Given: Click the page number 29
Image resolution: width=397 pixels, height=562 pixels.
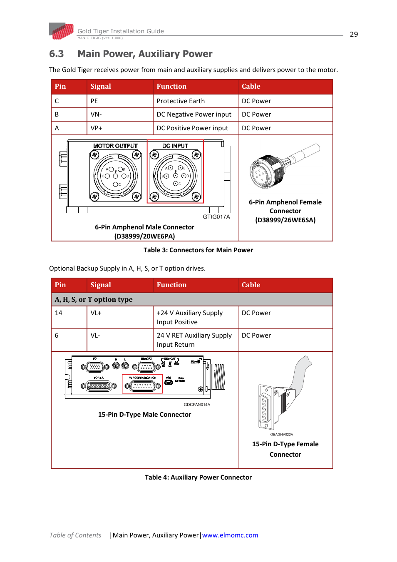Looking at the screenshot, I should (x=354, y=34).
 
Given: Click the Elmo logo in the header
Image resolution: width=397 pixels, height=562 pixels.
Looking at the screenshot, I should (x=61, y=31).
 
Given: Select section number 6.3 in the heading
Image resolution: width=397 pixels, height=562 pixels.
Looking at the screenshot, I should (x=57, y=54).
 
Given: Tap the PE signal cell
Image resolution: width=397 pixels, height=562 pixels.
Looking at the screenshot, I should (x=94, y=101).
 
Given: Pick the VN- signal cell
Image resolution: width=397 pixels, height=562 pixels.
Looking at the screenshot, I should (x=96, y=114).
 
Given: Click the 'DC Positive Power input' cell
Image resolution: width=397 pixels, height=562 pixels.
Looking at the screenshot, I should (x=192, y=128).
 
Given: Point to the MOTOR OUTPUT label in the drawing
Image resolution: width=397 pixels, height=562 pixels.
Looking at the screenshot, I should (x=115, y=146).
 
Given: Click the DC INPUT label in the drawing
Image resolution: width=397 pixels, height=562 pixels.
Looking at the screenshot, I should (x=175, y=146).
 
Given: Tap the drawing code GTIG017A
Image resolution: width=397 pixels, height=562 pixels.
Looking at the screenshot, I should (x=216, y=216).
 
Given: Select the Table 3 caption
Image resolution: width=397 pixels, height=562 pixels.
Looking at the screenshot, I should (x=198, y=250).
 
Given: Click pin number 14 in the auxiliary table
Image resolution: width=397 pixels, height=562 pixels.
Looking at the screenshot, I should (x=59, y=313).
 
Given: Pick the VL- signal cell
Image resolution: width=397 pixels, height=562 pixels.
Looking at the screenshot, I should (x=95, y=335).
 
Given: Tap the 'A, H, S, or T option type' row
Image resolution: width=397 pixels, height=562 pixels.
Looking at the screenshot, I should (x=94, y=299).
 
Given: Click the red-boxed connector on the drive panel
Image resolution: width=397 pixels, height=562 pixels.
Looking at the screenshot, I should (x=142, y=384).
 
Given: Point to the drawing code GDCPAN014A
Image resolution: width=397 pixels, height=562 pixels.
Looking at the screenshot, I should (x=197, y=404).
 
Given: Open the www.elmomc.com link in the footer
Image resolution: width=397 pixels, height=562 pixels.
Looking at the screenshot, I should (x=230, y=535).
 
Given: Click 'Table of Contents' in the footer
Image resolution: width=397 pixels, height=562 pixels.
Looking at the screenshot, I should (x=75, y=535).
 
